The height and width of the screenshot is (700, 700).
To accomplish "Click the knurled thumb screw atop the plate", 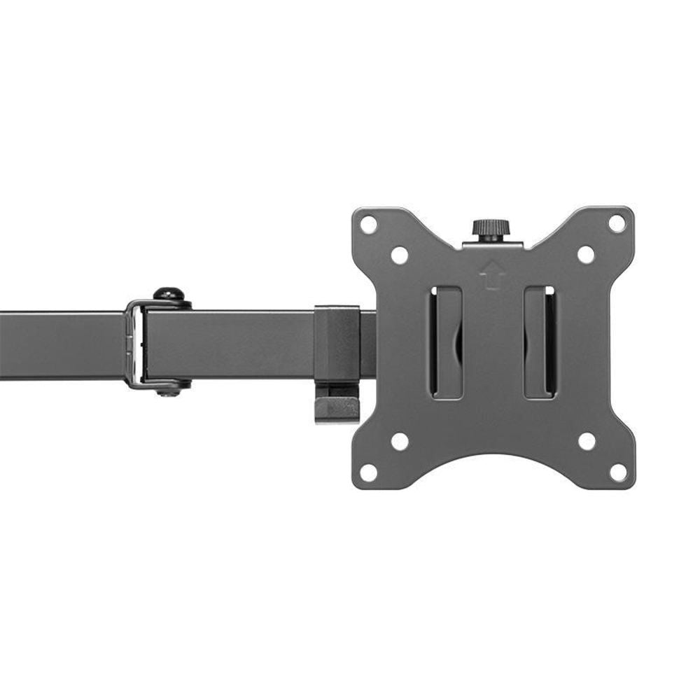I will [x=491, y=229].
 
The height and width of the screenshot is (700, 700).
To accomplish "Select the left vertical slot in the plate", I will [x=446, y=342].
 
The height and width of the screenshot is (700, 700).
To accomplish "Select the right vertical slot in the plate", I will [x=540, y=342].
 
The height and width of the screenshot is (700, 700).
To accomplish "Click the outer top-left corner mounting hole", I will [x=369, y=225].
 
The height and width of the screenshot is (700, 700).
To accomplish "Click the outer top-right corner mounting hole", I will [x=617, y=223].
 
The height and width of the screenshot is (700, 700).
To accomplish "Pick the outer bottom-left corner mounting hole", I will [x=369, y=472].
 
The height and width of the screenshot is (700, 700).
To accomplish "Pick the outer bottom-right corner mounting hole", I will [x=618, y=472].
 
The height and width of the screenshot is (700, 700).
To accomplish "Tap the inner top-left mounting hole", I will [x=400, y=255].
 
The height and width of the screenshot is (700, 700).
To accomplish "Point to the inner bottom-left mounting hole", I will [x=400, y=441].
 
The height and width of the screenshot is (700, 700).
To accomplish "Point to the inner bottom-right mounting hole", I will [x=587, y=441].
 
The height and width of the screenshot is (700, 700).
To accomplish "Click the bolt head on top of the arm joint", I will [x=168, y=294].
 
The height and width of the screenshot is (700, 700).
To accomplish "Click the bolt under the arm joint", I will [x=168, y=390].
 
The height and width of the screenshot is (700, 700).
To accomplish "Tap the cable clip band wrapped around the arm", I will [x=337, y=343].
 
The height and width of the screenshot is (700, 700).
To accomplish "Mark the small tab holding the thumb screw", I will [x=492, y=244].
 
